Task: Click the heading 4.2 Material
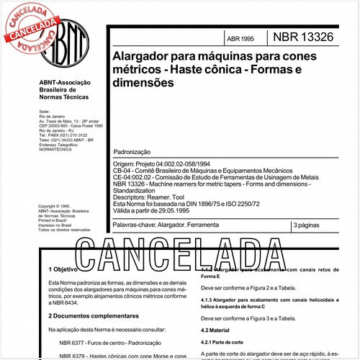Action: click(215, 330)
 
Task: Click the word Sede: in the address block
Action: click(45, 112)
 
